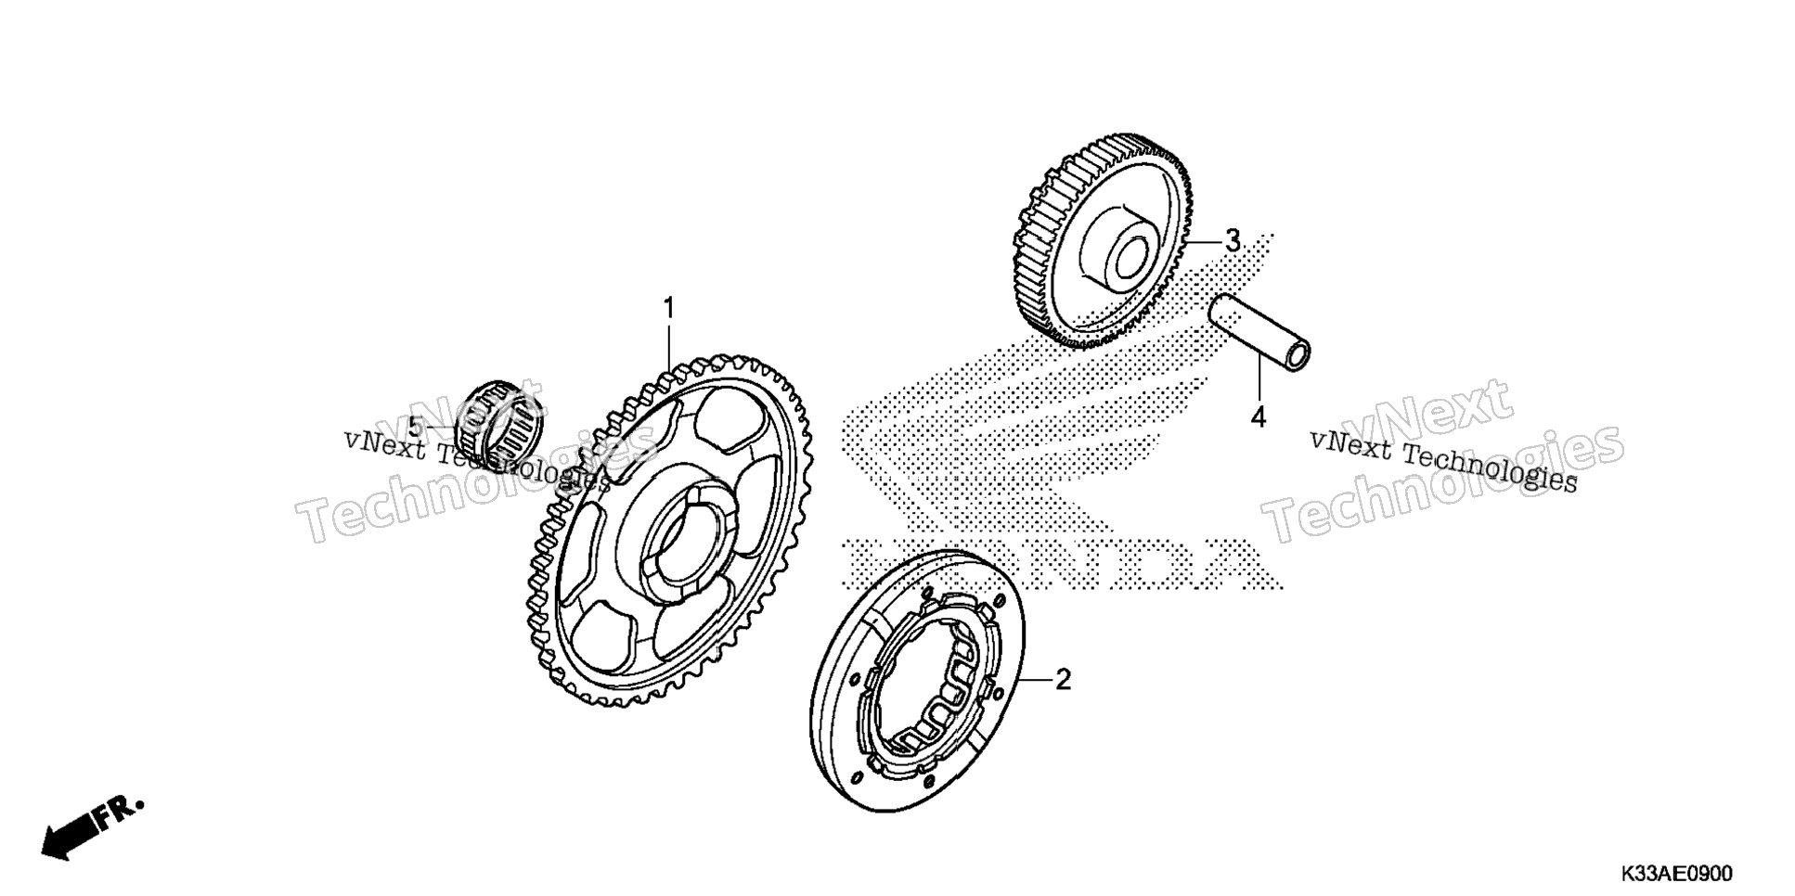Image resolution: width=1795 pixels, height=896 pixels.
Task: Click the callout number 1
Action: click(667, 309)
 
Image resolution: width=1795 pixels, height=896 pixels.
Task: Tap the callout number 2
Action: click(1063, 680)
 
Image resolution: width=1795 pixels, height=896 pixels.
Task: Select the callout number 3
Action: click(1232, 216)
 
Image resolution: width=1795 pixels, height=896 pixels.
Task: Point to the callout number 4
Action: click(1258, 417)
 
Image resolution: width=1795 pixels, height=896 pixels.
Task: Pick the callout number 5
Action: click(415, 428)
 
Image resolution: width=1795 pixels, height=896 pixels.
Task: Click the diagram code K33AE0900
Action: click(1676, 874)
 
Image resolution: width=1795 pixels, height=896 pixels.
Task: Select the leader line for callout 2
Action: click(1037, 681)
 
